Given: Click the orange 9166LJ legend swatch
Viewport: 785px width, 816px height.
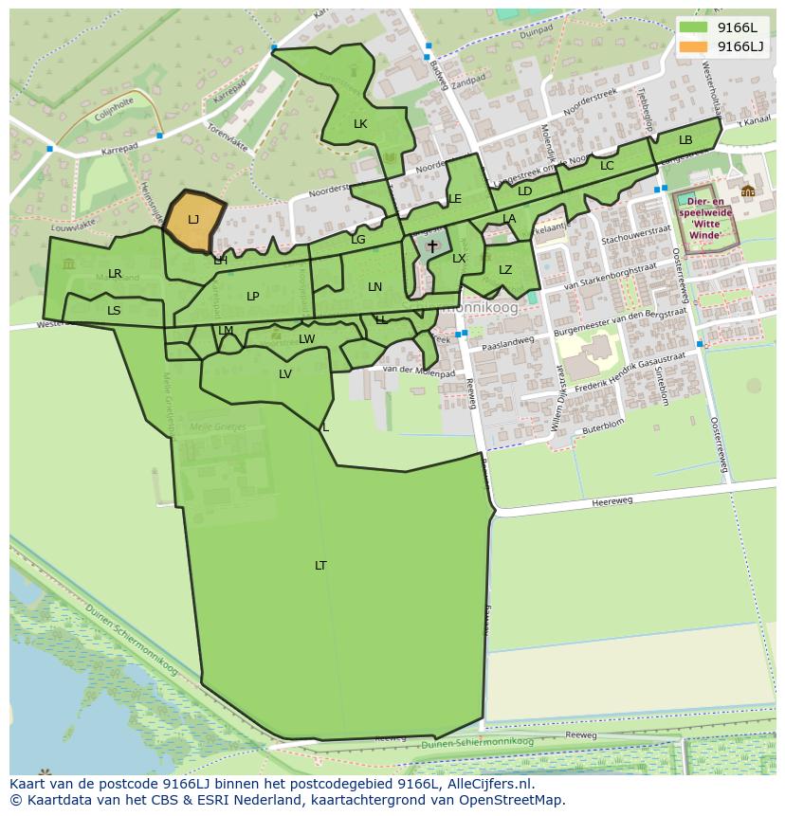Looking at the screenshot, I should pyautogui.click(x=694, y=46).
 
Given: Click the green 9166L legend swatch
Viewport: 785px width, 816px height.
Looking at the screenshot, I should pyautogui.click(x=694, y=27).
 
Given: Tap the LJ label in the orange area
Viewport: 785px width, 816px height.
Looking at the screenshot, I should pyautogui.click(x=193, y=220).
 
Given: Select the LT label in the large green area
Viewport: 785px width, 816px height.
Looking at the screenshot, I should pyautogui.click(x=320, y=566).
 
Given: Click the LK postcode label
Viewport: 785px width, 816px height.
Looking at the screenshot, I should pyautogui.click(x=360, y=124).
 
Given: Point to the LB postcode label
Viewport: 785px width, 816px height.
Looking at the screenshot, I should pyautogui.click(x=685, y=140).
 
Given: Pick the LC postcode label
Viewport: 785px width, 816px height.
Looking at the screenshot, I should pyautogui.click(x=607, y=166).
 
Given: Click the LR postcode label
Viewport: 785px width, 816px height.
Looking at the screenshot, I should pyautogui.click(x=115, y=274).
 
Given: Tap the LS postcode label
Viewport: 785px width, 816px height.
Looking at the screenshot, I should pyautogui.click(x=114, y=310).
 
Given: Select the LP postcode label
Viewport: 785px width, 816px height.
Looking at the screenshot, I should pyautogui.click(x=253, y=297).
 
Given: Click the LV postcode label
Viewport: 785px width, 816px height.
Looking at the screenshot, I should pyautogui.click(x=285, y=374).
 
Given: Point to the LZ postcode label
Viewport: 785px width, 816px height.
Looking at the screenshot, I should pyautogui.click(x=505, y=270).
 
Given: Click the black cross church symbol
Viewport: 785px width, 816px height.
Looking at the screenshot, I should pyautogui.click(x=432, y=246).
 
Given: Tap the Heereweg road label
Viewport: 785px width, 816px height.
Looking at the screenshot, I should pyautogui.click(x=610, y=502).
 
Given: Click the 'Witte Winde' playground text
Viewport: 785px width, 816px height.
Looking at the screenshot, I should pyautogui.click(x=704, y=228).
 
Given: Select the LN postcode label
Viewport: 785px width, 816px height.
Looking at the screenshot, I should pyautogui.click(x=375, y=287).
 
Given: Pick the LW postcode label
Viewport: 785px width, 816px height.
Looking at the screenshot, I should pyautogui.click(x=307, y=339).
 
